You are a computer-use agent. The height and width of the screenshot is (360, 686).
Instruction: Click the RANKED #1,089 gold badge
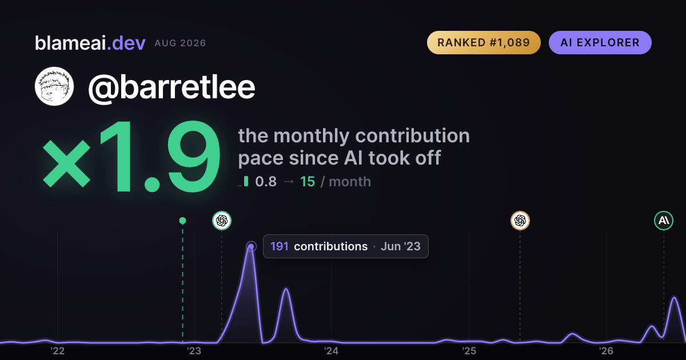484,42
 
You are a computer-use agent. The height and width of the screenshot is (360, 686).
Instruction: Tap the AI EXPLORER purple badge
600,42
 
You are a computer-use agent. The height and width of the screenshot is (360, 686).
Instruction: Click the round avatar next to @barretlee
54,86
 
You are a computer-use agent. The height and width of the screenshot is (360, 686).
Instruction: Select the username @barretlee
171,87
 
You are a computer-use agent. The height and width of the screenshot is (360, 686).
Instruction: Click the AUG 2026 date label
180,43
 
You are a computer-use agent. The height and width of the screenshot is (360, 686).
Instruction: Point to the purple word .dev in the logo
126,43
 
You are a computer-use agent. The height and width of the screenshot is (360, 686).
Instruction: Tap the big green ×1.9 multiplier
131,156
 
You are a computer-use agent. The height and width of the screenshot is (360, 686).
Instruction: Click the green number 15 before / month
308,182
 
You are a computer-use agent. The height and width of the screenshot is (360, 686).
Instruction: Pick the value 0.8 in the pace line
266,182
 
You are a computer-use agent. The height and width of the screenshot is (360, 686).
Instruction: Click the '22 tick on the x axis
58,351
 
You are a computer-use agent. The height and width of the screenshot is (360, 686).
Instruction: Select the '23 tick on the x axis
194,351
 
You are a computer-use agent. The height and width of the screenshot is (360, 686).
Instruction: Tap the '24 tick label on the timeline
332,351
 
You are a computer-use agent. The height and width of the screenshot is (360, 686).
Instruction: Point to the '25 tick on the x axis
469,351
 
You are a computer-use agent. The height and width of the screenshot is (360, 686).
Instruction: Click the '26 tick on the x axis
606,351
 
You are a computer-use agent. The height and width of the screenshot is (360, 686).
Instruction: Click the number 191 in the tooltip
280,246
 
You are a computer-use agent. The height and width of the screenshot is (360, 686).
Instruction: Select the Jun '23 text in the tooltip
401,246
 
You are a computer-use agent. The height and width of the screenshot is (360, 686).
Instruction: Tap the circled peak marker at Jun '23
251,246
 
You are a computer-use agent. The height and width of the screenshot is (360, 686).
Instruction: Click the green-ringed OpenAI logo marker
222,221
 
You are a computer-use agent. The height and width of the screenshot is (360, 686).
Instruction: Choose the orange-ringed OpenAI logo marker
520,221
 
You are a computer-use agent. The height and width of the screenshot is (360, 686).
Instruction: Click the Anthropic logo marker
664,221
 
